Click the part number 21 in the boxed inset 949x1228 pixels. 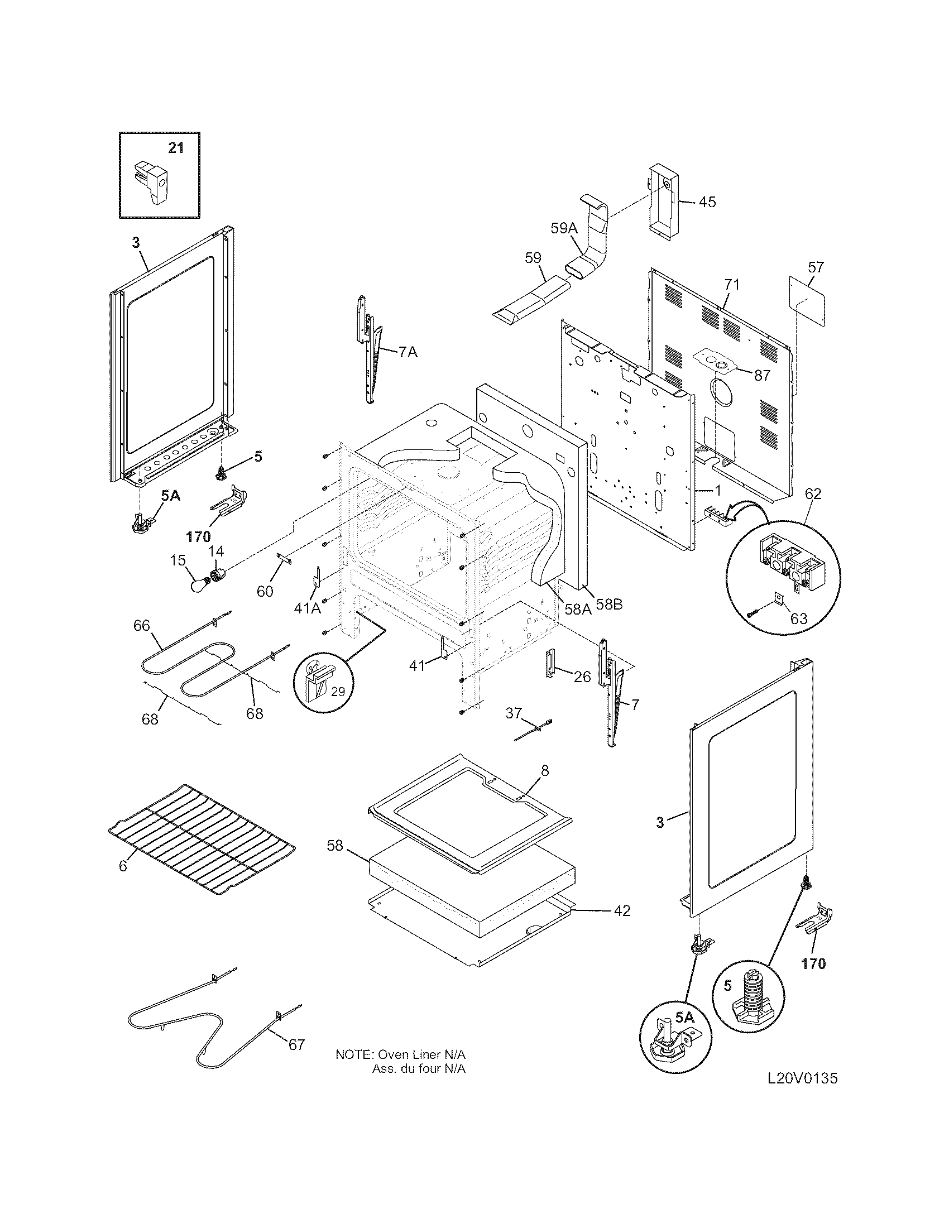(176, 148)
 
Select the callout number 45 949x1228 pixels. (707, 202)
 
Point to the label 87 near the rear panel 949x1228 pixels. (762, 376)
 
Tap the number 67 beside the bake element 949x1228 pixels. (296, 1045)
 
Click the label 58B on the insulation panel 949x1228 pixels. (609, 606)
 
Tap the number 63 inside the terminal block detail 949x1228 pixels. (798, 618)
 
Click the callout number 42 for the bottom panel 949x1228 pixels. (621, 910)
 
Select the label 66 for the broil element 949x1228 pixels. (142, 625)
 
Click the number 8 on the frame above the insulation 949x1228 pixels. (545, 770)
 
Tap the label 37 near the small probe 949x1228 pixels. (514, 713)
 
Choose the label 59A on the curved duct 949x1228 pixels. (564, 228)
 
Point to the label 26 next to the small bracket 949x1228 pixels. (582, 677)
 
